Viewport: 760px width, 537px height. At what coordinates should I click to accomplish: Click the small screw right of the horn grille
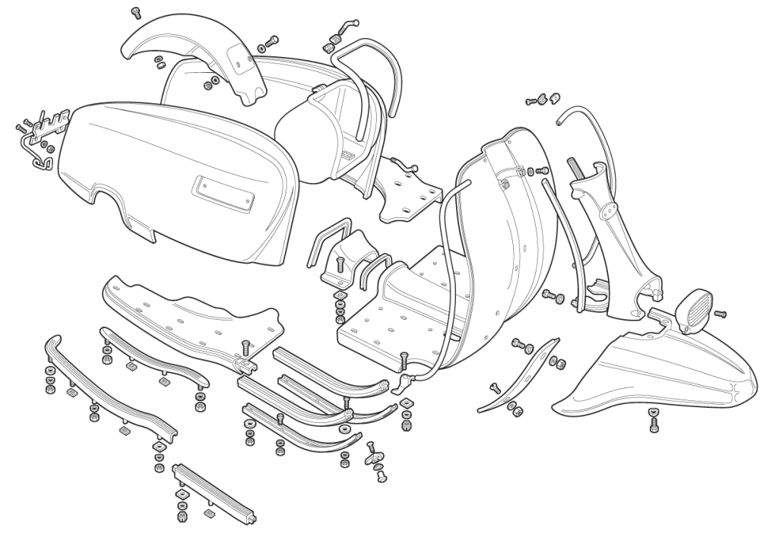720,313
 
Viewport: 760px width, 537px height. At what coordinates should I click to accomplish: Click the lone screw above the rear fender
137,12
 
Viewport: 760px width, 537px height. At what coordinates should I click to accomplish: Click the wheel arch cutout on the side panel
106,199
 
